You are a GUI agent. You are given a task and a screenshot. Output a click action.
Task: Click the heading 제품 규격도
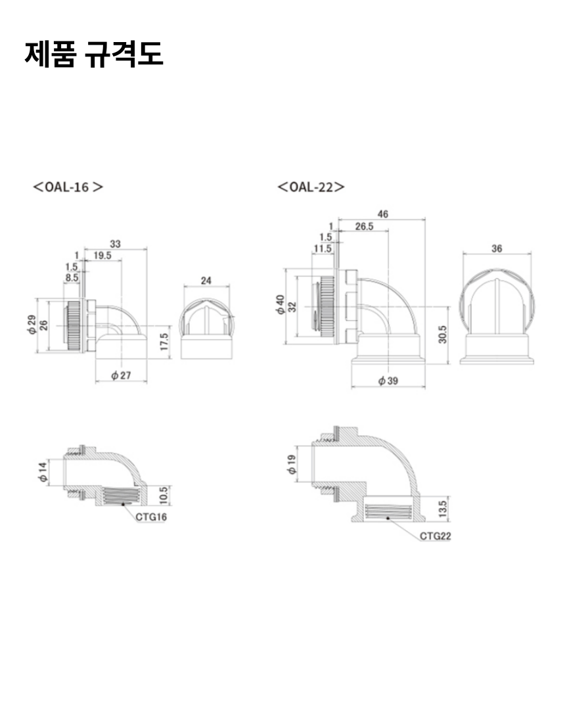tap(93, 54)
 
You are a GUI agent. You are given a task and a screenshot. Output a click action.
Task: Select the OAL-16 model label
tap(68, 187)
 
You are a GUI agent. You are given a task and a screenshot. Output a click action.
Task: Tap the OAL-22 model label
tap(311, 187)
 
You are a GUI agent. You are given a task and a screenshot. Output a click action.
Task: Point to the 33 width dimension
tap(115, 244)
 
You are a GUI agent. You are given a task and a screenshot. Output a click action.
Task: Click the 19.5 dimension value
tap(102, 256)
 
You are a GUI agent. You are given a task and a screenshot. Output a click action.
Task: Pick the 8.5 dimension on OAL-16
tap(72, 277)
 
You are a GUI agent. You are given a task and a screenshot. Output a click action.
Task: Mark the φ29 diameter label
tap(32, 325)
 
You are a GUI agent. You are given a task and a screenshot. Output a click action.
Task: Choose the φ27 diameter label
tap(121, 375)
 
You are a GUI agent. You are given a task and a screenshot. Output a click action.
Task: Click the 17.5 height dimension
tap(164, 342)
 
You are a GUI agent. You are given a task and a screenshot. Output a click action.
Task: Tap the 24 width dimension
tap(206, 281)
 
